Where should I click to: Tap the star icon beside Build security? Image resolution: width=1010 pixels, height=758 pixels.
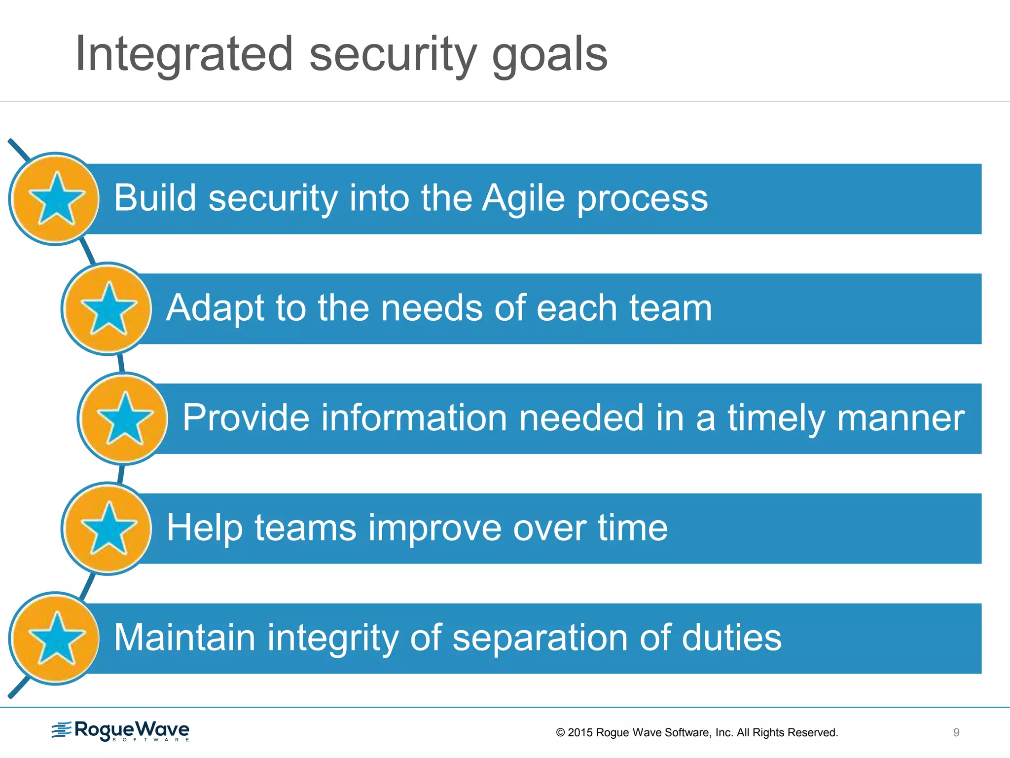56,199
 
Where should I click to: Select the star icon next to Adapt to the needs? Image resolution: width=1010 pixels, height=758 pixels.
108,309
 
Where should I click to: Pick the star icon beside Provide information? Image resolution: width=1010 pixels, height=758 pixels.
124,418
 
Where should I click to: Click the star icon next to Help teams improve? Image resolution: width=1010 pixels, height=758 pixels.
108,529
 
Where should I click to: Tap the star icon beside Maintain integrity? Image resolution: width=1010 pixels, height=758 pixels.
56,639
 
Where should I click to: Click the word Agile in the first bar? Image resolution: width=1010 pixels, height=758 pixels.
523,198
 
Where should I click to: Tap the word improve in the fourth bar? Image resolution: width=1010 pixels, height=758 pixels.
434,528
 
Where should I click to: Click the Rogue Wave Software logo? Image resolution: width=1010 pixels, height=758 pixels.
121,731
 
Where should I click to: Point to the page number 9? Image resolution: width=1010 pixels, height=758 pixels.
956,733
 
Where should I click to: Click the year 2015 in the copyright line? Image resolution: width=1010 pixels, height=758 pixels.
580,733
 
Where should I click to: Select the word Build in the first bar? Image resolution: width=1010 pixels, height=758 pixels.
155,198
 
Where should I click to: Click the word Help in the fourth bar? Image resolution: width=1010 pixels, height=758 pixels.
204,528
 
